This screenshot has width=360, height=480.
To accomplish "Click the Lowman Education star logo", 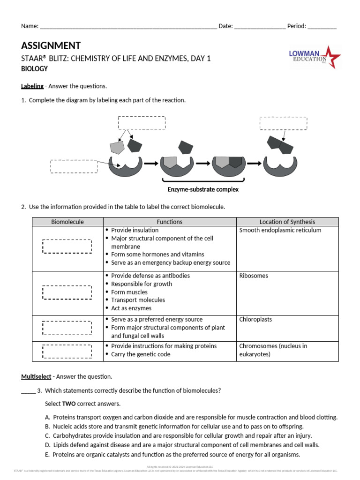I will [315, 57].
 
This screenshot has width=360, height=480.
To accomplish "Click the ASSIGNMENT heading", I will [51, 45].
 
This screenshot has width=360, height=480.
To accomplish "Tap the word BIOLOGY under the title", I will [34, 68].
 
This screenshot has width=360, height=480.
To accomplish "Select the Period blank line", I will [322, 27].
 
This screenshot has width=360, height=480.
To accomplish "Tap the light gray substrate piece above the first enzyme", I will [116, 147].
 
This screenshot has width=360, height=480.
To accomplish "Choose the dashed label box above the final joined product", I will [283, 123].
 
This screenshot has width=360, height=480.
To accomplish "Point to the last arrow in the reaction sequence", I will [254, 164].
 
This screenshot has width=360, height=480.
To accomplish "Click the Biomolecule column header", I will [67, 222].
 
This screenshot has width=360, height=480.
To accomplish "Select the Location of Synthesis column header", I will [287, 222].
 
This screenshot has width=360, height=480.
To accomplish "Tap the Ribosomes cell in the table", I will [254, 276].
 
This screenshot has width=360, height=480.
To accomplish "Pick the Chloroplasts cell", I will [255, 319].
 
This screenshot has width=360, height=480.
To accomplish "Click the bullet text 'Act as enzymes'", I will [131, 308].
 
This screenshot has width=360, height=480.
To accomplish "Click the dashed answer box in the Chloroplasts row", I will [67, 327].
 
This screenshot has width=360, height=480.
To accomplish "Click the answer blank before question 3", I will [28, 390].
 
